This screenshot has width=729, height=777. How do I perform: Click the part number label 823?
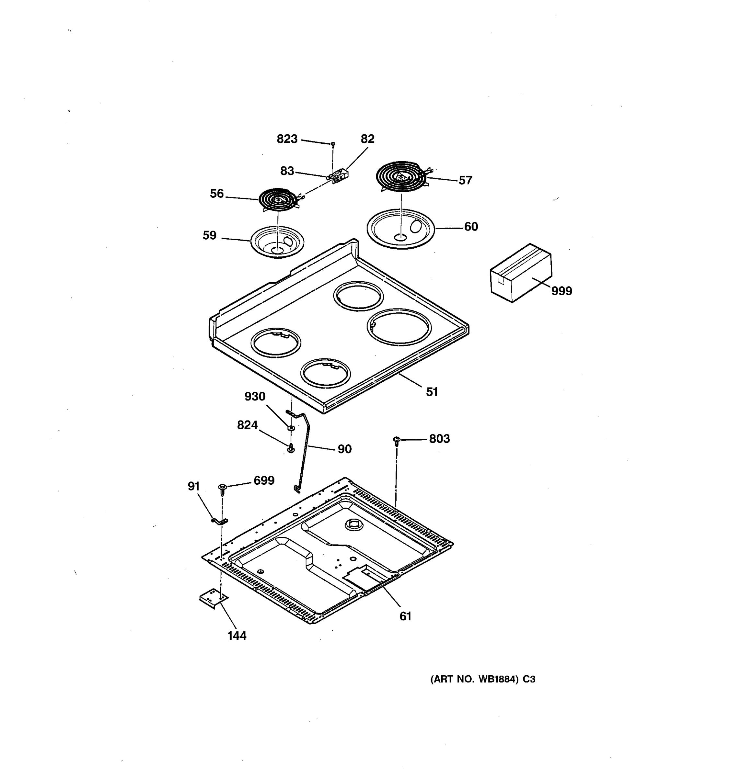(x=287, y=139)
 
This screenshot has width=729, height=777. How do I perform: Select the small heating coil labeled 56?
(x=277, y=200)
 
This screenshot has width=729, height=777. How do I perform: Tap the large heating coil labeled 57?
(x=401, y=176)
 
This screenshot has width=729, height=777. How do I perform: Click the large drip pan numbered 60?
(x=400, y=229)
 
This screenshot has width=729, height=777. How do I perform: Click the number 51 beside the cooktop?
(x=432, y=392)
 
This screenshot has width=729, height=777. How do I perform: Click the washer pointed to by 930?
(x=291, y=428)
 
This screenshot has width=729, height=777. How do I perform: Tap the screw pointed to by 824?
(x=291, y=448)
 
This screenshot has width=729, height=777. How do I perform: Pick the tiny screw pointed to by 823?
(x=333, y=145)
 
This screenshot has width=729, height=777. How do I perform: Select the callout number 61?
(x=405, y=616)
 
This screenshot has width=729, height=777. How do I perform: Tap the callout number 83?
(x=287, y=171)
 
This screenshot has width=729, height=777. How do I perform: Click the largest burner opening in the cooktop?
(x=399, y=327)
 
